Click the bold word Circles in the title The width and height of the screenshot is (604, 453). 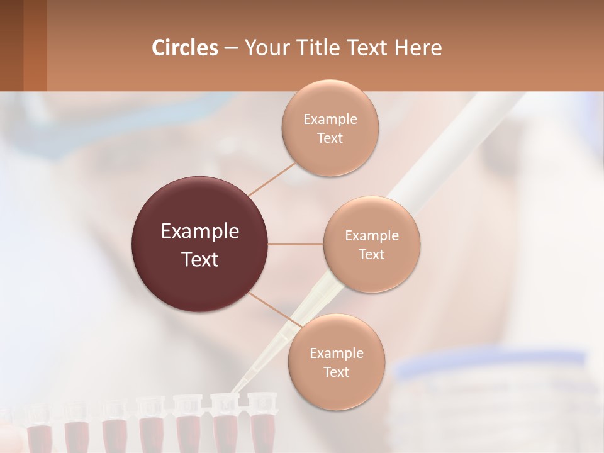(184, 48)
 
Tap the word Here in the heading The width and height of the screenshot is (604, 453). (418, 48)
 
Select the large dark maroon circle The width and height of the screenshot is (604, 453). (199, 244)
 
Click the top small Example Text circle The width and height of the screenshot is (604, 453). (330, 128)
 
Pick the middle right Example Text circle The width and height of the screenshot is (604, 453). (371, 244)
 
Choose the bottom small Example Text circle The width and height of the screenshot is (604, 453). (336, 362)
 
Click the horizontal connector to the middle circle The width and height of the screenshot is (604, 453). (295, 244)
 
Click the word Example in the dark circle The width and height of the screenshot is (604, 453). (199, 232)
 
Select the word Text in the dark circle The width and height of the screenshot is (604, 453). (199, 259)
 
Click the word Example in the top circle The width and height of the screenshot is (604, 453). (330, 119)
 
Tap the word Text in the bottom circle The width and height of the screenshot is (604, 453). (336, 372)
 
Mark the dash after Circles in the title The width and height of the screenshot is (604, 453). (230, 48)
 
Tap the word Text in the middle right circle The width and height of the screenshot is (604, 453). (371, 254)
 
